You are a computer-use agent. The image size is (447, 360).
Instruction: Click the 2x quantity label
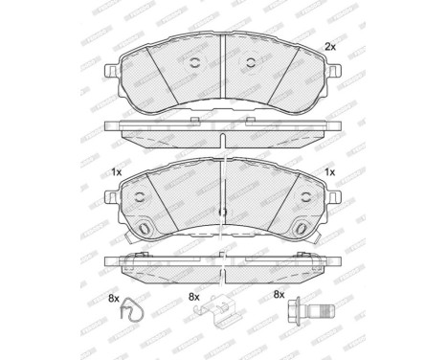(x=330, y=46)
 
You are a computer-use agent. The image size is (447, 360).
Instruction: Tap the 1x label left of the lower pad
(x=116, y=173)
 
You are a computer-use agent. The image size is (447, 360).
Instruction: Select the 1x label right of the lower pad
(x=330, y=173)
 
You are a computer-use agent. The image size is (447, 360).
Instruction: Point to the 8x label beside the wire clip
(x=115, y=300)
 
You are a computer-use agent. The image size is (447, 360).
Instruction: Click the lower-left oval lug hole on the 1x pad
(x=145, y=230)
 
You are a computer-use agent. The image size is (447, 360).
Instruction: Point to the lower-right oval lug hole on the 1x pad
(x=302, y=230)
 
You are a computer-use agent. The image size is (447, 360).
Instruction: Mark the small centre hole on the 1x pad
(x=223, y=213)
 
